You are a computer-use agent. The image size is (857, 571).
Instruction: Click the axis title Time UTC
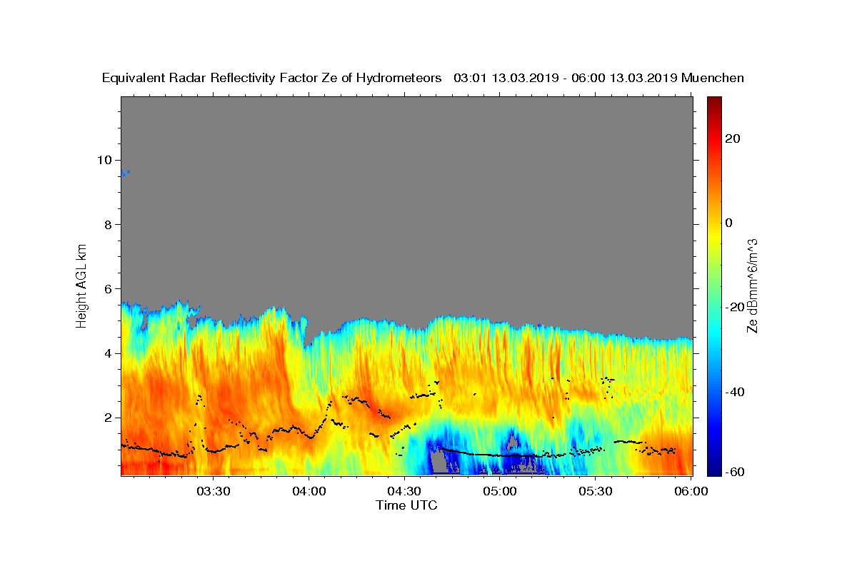point(406,506)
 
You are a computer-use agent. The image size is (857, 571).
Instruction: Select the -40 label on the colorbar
point(735,392)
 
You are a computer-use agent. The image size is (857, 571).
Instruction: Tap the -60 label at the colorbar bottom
point(735,473)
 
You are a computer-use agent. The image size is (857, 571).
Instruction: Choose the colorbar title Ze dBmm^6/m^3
point(752,285)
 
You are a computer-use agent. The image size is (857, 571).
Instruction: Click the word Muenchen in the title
point(713,78)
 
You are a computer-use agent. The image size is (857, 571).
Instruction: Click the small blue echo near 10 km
point(124,173)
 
